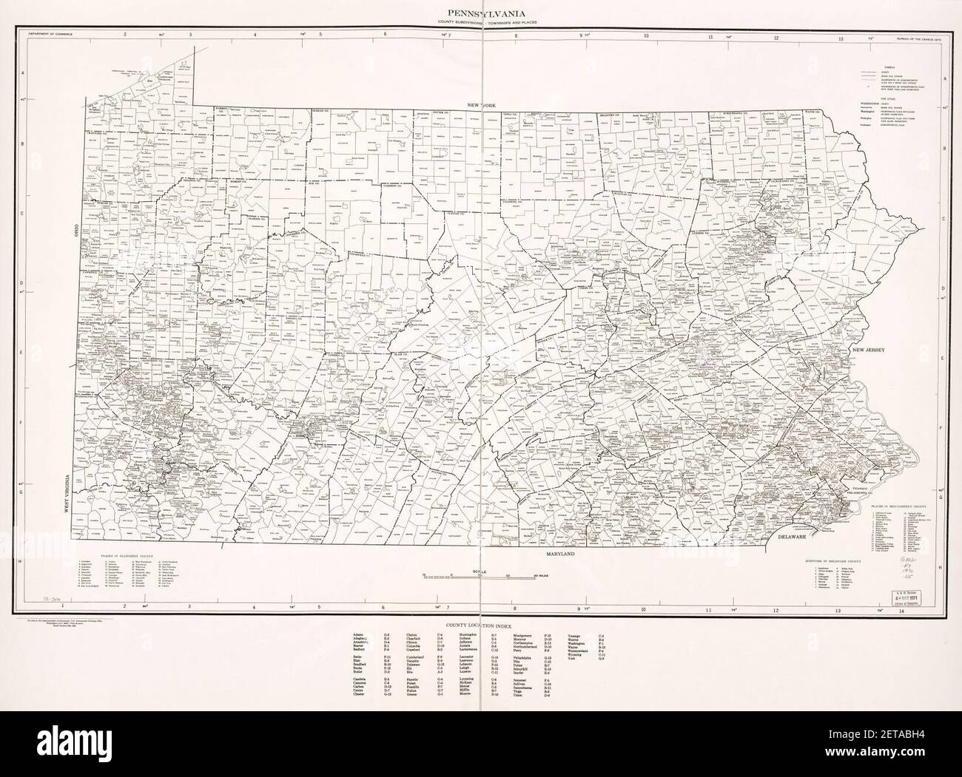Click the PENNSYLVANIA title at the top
pos(481,13)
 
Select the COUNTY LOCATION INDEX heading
pos(480,625)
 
